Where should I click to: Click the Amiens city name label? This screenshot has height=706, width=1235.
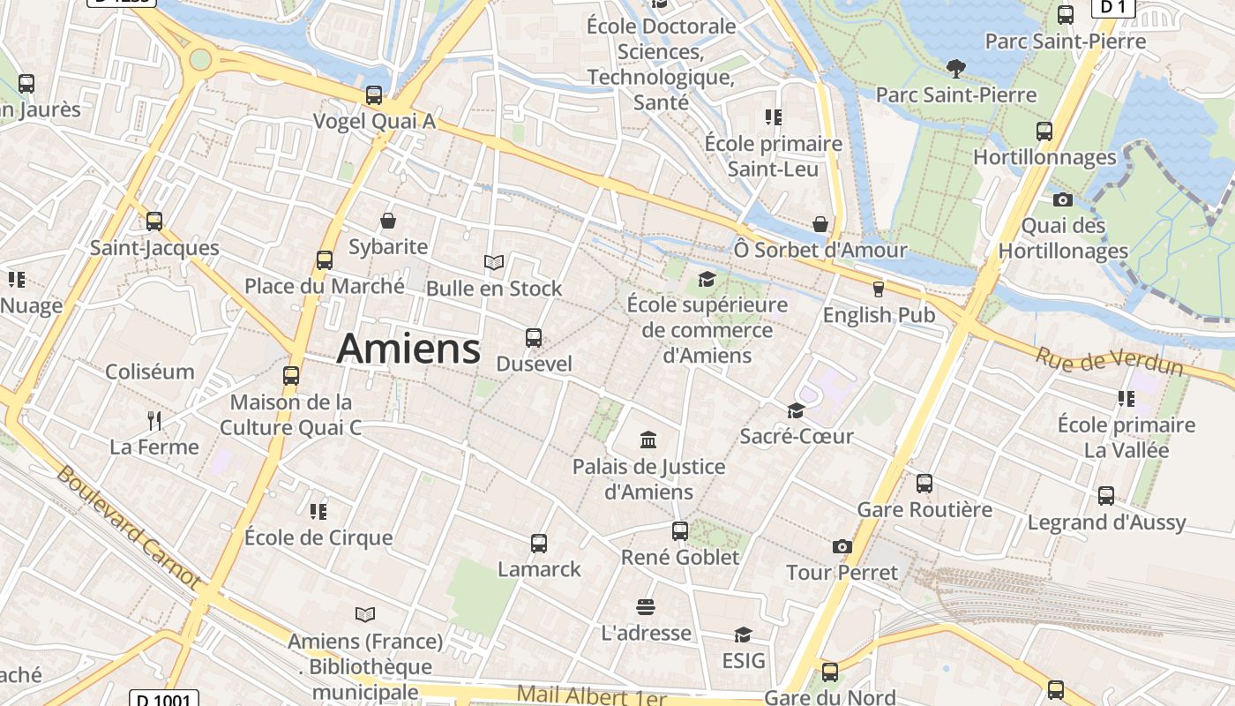click(408, 349)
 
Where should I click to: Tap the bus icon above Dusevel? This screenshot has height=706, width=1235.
click(533, 337)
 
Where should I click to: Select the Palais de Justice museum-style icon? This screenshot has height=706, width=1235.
click(648, 439)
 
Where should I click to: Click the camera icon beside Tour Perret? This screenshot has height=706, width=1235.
click(842, 546)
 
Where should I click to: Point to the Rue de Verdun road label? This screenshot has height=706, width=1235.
click(1109, 361)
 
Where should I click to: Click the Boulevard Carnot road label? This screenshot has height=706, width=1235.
click(128, 527)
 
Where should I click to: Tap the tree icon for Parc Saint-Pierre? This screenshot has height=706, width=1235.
click(954, 68)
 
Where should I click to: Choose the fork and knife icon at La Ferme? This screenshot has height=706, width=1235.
click(154, 420)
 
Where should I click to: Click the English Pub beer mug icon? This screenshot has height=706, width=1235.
click(878, 289)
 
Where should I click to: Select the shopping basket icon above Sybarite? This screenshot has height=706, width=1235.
click(388, 220)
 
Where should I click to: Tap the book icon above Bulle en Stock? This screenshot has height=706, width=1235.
click(494, 262)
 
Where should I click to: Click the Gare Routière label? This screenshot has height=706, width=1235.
click(924, 509)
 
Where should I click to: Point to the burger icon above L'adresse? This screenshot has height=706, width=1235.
click(646, 607)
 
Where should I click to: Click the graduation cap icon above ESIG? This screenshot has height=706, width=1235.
click(743, 635)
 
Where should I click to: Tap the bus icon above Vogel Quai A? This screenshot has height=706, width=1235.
click(374, 94)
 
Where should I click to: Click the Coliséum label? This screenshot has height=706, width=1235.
click(150, 372)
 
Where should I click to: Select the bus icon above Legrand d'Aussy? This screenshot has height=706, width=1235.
click(1106, 495)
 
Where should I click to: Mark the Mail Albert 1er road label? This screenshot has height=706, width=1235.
click(591, 695)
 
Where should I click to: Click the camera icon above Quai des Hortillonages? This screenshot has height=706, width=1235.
click(1062, 199)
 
